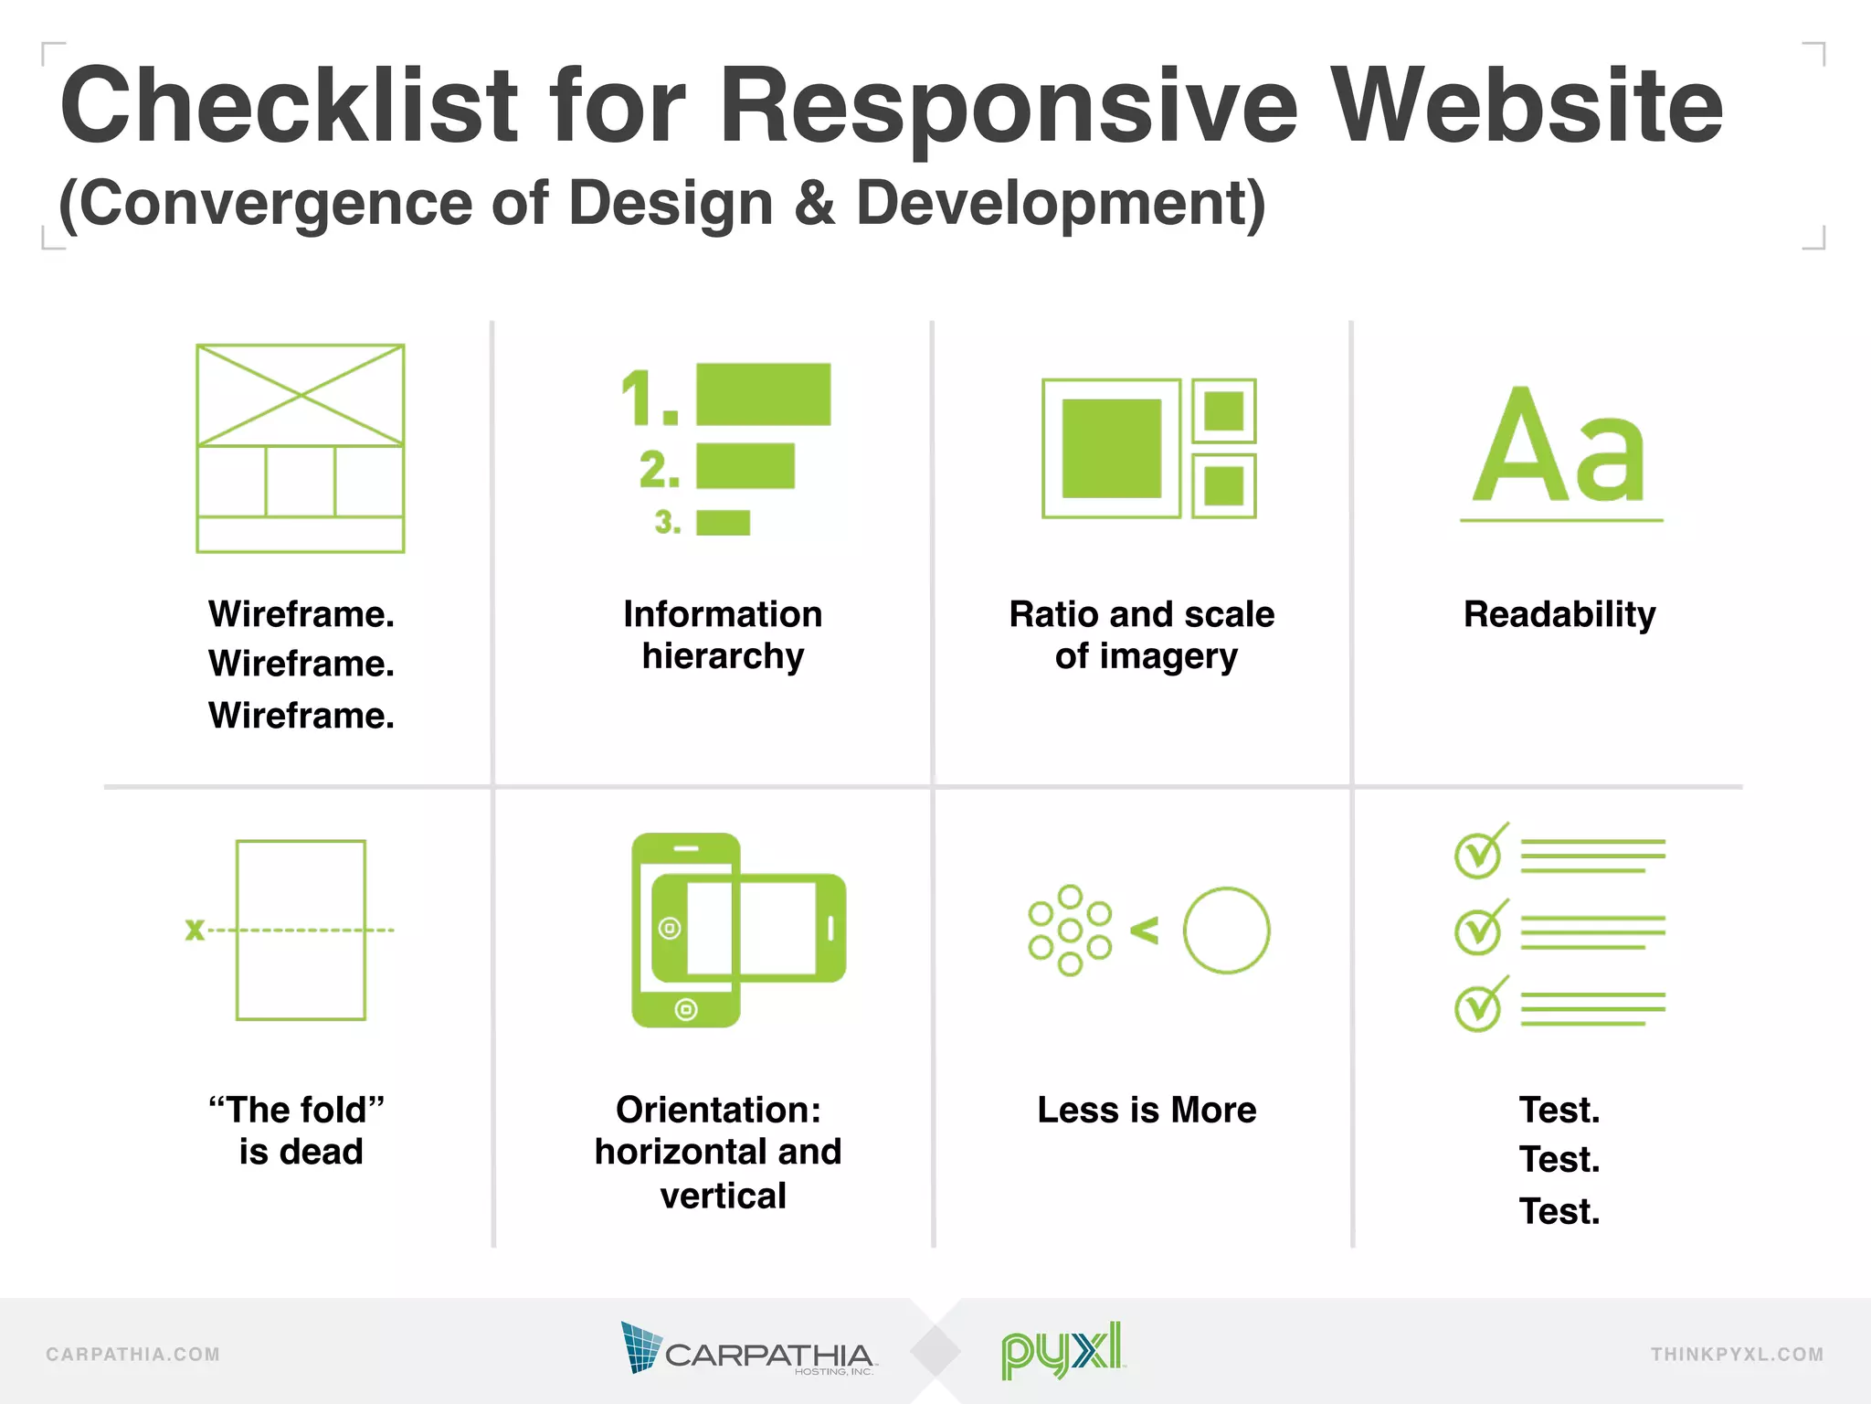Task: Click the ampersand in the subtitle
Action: pos(814,203)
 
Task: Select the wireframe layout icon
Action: pos(301,448)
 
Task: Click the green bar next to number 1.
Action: pos(763,394)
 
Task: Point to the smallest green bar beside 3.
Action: pos(723,523)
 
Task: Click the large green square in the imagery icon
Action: pos(1111,448)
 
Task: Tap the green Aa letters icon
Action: pos(1560,448)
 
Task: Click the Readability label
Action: pos(1559,614)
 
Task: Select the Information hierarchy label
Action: pos(723,635)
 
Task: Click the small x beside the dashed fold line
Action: pos(195,931)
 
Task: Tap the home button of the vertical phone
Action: pos(686,1009)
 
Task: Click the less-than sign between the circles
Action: pos(1145,931)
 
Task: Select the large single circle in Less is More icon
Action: pos(1226,931)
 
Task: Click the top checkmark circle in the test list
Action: pos(1477,856)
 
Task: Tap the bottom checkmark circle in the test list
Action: pos(1477,1008)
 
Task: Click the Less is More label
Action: pos(1147,1110)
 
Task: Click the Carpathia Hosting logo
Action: pos(747,1349)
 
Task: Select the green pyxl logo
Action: pos(1062,1350)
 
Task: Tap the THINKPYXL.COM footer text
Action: pos(1737,1355)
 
